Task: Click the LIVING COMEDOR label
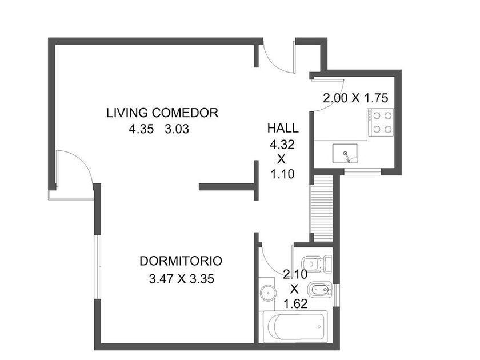point(162,113)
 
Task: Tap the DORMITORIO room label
point(181,261)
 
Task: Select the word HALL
point(283,128)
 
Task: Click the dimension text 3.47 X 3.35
point(181,279)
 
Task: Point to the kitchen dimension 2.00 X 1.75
point(355,98)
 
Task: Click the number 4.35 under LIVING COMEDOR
point(141,129)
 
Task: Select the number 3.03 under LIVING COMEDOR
point(177,129)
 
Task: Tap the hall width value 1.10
point(282,174)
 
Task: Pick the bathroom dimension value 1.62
point(295,303)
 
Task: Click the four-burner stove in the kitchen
point(381,122)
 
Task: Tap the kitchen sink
point(345,153)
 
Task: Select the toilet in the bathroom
point(316,263)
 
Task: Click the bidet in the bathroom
point(320,290)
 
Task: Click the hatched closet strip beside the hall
point(321,208)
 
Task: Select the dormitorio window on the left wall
point(97,267)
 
